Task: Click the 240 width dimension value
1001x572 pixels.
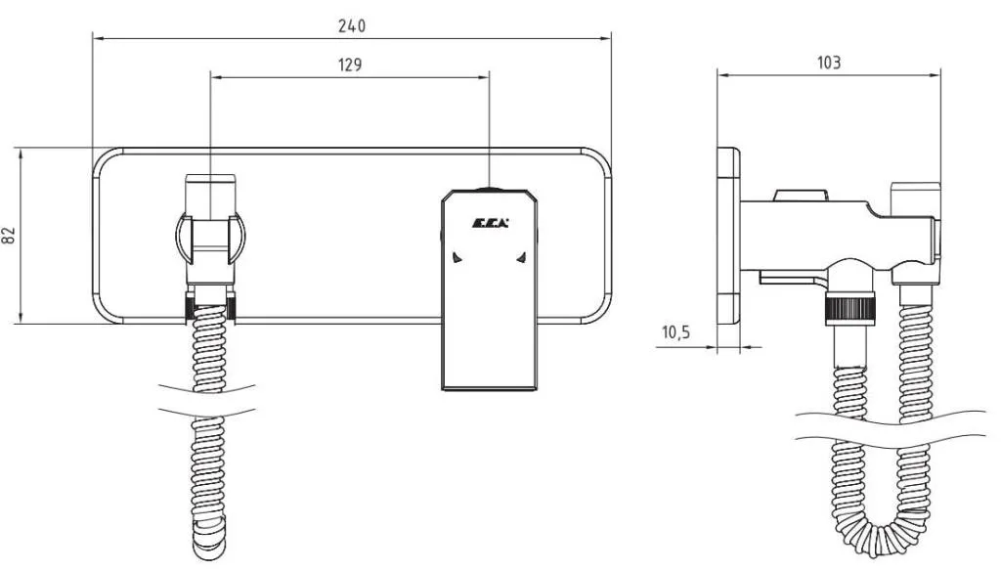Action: point(352,26)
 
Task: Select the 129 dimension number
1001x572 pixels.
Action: point(349,65)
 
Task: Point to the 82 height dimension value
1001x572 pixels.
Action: point(10,236)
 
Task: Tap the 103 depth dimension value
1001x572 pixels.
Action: point(828,63)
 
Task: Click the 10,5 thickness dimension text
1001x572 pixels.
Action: point(675,333)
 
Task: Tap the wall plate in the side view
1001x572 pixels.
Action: point(727,236)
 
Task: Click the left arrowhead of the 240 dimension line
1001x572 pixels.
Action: point(97,39)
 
